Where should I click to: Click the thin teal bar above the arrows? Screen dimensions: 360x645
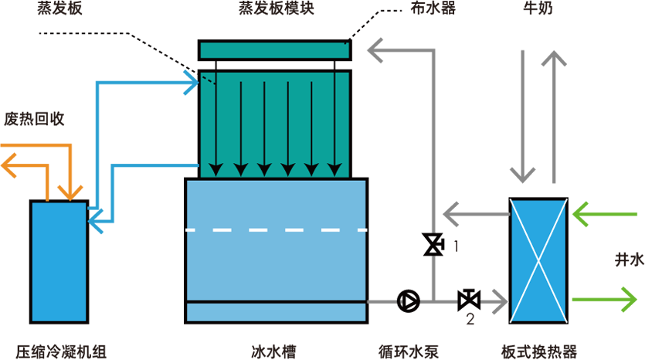(274, 50)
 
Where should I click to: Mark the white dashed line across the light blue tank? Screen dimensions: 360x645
(276, 229)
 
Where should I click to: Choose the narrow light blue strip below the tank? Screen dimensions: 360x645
(276, 311)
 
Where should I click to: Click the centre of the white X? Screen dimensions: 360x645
(539, 259)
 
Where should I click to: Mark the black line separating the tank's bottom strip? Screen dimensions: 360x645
(276, 301)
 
